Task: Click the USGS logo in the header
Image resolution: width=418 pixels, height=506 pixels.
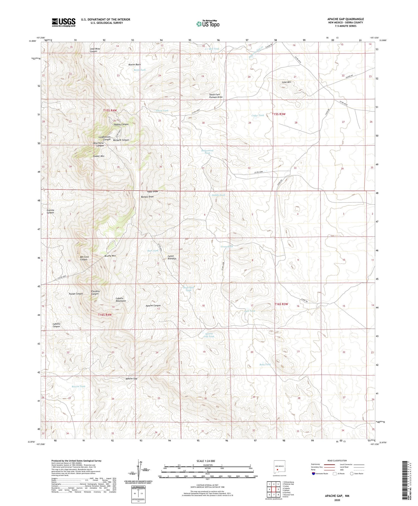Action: tap(64, 22)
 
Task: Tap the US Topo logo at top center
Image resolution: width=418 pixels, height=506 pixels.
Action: tap(208, 24)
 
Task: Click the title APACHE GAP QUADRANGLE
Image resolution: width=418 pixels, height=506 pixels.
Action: tap(345, 19)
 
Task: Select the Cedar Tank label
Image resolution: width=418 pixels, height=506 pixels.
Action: tap(257, 115)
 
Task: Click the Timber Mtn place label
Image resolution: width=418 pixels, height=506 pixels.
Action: tap(98, 156)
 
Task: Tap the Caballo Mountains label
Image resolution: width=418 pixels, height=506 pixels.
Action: tap(121, 299)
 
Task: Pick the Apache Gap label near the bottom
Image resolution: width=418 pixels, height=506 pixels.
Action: tap(131, 379)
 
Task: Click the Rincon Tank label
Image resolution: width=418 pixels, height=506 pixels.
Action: tap(78, 386)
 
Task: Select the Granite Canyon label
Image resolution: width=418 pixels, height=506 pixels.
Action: tap(50, 211)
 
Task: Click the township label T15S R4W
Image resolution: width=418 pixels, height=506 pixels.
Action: tap(110, 111)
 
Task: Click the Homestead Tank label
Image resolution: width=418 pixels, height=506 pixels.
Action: tap(207, 152)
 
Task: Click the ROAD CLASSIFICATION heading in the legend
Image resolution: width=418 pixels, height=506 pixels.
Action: tap(337, 461)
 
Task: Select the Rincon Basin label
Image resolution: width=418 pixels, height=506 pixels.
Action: tap(134, 65)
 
